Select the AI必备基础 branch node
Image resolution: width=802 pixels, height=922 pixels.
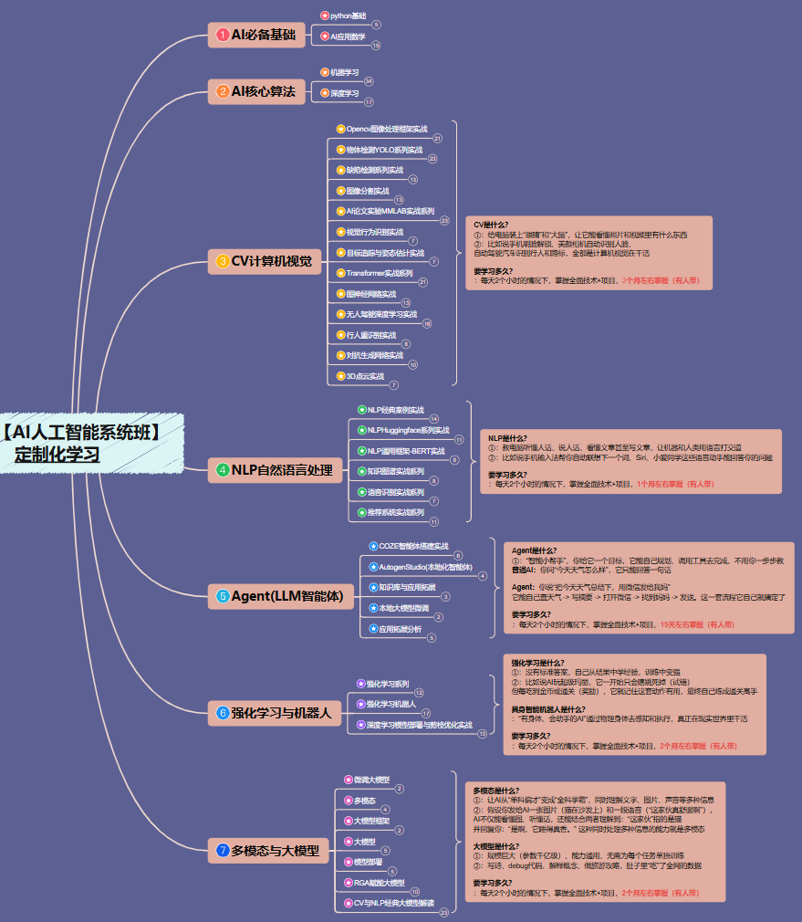pyautogui.click(x=255, y=35)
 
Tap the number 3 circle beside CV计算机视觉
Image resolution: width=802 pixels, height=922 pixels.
pyautogui.click(x=223, y=261)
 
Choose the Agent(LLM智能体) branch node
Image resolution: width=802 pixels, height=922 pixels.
pyautogui.click(x=281, y=597)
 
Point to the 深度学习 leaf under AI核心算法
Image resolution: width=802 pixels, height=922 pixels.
pyautogui.click(x=344, y=92)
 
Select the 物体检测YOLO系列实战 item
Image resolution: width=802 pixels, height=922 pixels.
pyautogui.click(x=383, y=150)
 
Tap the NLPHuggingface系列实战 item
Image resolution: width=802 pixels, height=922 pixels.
pyautogui.click(x=408, y=430)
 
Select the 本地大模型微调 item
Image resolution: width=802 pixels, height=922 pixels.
pyautogui.click(x=401, y=607)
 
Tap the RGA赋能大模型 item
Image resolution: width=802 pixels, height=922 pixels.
pyautogui.click(x=378, y=883)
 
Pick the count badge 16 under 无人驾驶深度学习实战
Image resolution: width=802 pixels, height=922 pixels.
pyautogui.click(x=427, y=324)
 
